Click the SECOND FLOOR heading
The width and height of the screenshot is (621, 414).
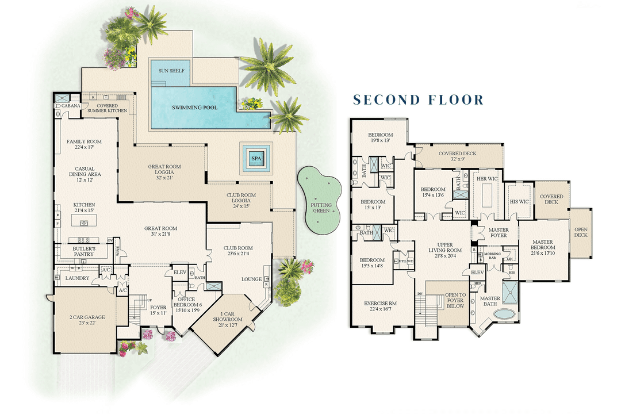(x=418, y=100)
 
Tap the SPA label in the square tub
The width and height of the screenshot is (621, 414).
(x=256, y=156)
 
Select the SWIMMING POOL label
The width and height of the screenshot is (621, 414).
(x=193, y=108)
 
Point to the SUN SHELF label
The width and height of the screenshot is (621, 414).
(x=171, y=71)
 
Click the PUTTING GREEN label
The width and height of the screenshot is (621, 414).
(x=321, y=208)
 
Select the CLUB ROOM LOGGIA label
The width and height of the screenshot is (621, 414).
(x=240, y=198)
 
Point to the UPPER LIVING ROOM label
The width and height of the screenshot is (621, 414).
(x=446, y=251)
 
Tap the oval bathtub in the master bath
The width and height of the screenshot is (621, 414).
(x=505, y=315)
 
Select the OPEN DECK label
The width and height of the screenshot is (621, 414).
(x=581, y=232)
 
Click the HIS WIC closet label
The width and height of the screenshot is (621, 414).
(x=519, y=202)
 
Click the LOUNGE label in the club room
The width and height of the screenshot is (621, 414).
(x=251, y=279)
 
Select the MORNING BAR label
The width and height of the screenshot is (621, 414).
(x=489, y=255)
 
